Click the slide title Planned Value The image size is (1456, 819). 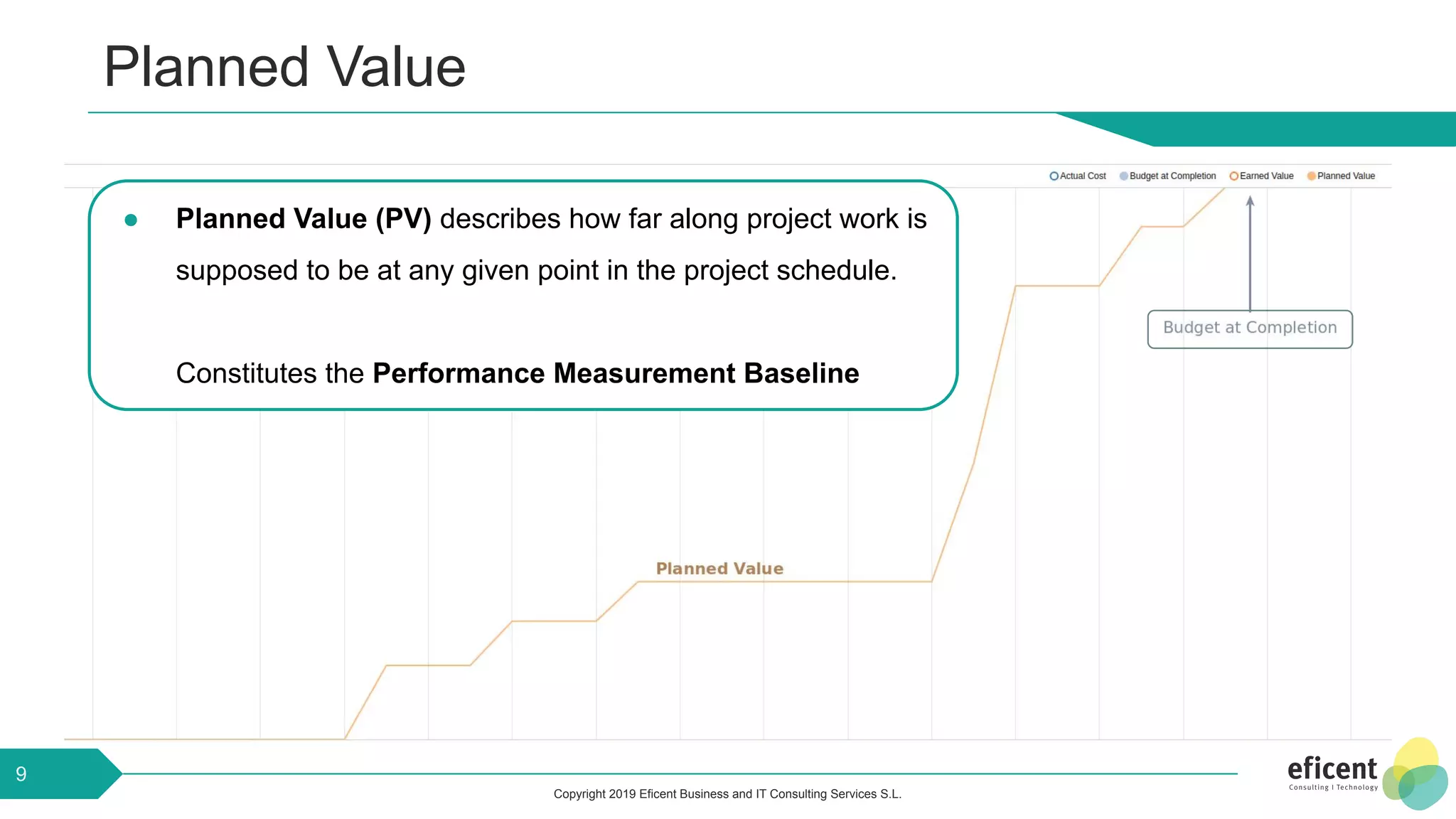pyautogui.click(x=284, y=67)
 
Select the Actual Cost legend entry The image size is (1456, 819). pyautogui.click(x=1078, y=176)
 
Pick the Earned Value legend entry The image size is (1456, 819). pyautogui.click(x=1262, y=176)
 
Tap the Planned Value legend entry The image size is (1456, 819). pyautogui.click(x=1342, y=176)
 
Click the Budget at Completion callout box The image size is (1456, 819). pyautogui.click(x=1250, y=328)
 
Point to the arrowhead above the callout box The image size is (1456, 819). pyautogui.click(x=1250, y=201)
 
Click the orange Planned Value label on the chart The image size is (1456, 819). pyautogui.click(x=719, y=569)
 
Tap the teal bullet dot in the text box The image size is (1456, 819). pyautogui.click(x=131, y=220)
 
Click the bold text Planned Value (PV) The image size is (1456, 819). pyautogui.click(x=304, y=219)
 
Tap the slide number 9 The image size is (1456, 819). pyautogui.click(x=21, y=773)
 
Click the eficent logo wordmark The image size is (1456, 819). pyautogui.click(x=1332, y=769)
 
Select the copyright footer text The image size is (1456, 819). pyautogui.click(x=727, y=794)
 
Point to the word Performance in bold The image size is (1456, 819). pyautogui.click(x=459, y=373)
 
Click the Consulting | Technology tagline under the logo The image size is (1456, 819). pyautogui.click(x=1333, y=788)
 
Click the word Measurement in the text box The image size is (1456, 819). pyautogui.click(x=645, y=373)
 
